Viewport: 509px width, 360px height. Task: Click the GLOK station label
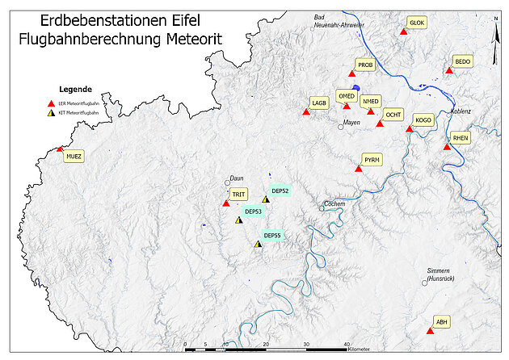point(417,23)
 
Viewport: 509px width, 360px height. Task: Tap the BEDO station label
point(462,61)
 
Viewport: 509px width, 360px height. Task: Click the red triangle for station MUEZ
point(59,149)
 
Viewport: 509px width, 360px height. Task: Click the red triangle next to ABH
point(430,331)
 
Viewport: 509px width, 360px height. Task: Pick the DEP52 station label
point(280,190)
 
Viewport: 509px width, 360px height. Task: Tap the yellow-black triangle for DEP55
point(258,243)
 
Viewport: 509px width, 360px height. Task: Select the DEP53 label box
point(252,211)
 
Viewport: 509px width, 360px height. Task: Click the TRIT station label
point(238,195)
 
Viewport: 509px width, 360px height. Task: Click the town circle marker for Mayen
point(341,126)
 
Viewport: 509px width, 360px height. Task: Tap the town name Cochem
point(334,203)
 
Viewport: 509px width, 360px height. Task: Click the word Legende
point(75,89)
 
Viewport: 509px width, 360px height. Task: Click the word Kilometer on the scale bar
point(359,350)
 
